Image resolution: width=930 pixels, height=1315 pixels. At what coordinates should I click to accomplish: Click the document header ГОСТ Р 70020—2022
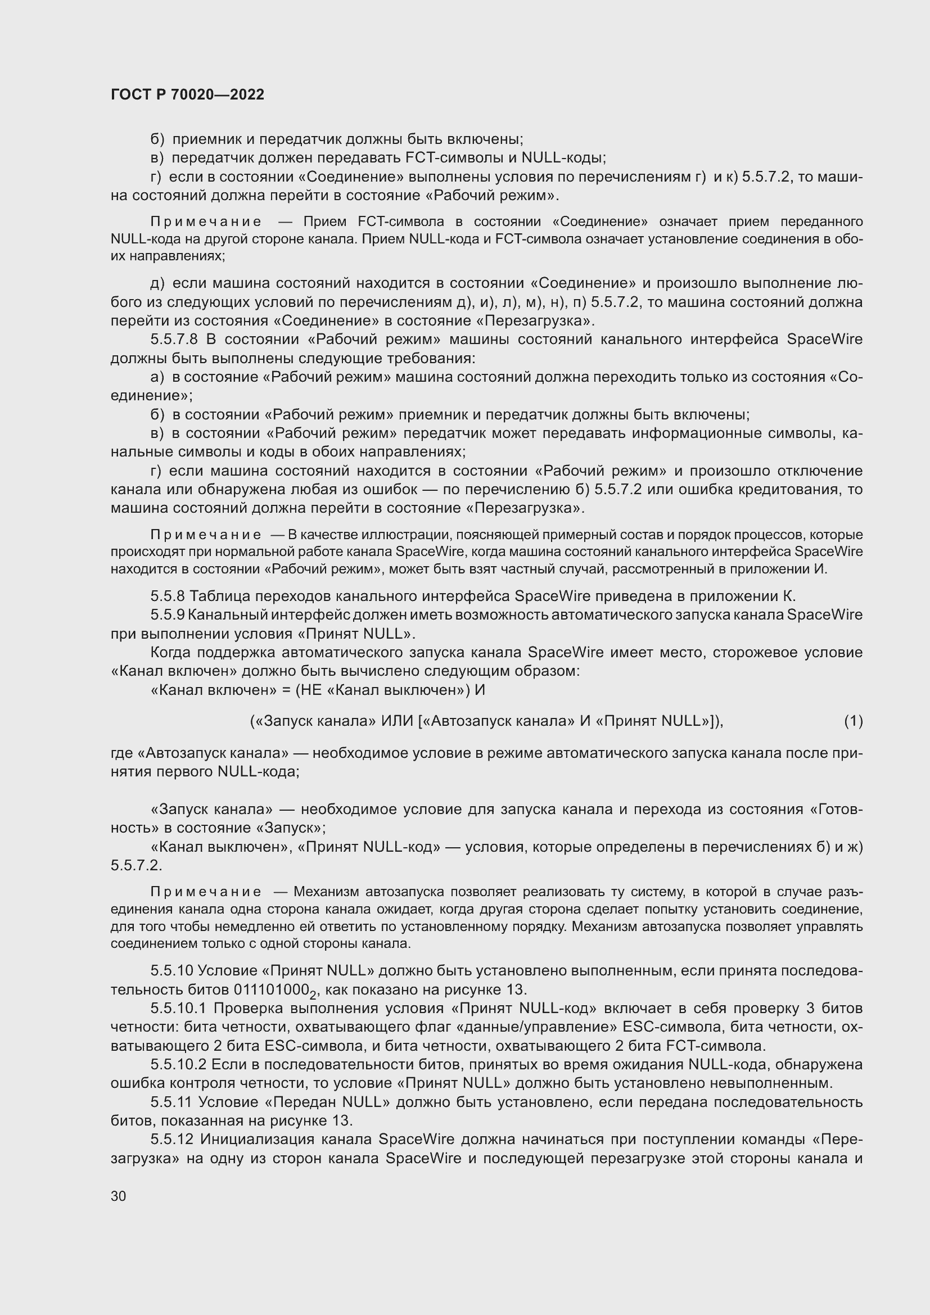click(x=187, y=95)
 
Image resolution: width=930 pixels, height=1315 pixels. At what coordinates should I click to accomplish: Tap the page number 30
click(x=119, y=1196)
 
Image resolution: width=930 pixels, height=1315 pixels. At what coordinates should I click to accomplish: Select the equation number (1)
click(x=854, y=721)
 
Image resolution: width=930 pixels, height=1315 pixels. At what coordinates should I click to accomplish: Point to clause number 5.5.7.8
click(x=174, y=340)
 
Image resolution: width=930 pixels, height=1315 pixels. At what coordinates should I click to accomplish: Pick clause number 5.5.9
click(x=168, y=615)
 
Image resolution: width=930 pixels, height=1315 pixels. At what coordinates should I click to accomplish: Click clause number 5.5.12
click(x=172, y=1140)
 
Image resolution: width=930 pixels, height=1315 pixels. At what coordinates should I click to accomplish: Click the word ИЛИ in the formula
click(x=397, y=721)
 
